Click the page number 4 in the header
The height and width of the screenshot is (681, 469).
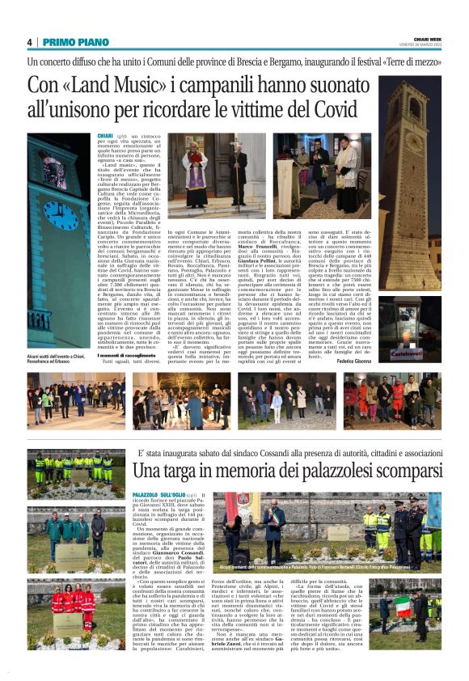(x=29, y=42)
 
